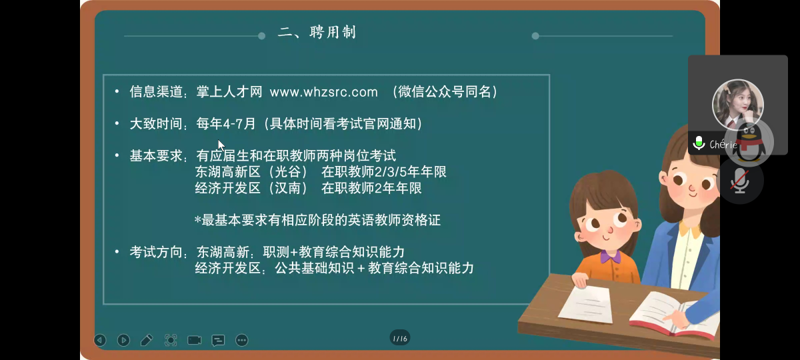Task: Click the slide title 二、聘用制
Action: [x=317, y=33]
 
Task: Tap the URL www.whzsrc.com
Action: [x=323, y=92]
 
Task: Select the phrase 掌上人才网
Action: [x=229, y=92]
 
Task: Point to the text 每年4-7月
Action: [x=226, y=124]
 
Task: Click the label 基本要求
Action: [x=156, y=156]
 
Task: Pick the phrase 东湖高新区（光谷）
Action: [x=251, y=172]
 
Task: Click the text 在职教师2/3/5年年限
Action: [x=384, y=172]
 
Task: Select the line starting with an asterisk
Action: [x=317, y=220]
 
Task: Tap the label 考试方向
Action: [x=156, y=252]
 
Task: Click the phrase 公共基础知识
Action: [x=314, y=268]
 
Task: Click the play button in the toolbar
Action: [x=123, y=340]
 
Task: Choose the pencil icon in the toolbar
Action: [x=147, y=340]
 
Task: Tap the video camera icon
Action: [x=194, y=340]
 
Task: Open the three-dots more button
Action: [x=242, y=340]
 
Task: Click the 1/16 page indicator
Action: [x=399, y=338]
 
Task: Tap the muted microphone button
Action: [x=739, y=181]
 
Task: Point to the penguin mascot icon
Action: [x=749, y=142]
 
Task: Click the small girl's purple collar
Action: [x=611, y=257]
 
